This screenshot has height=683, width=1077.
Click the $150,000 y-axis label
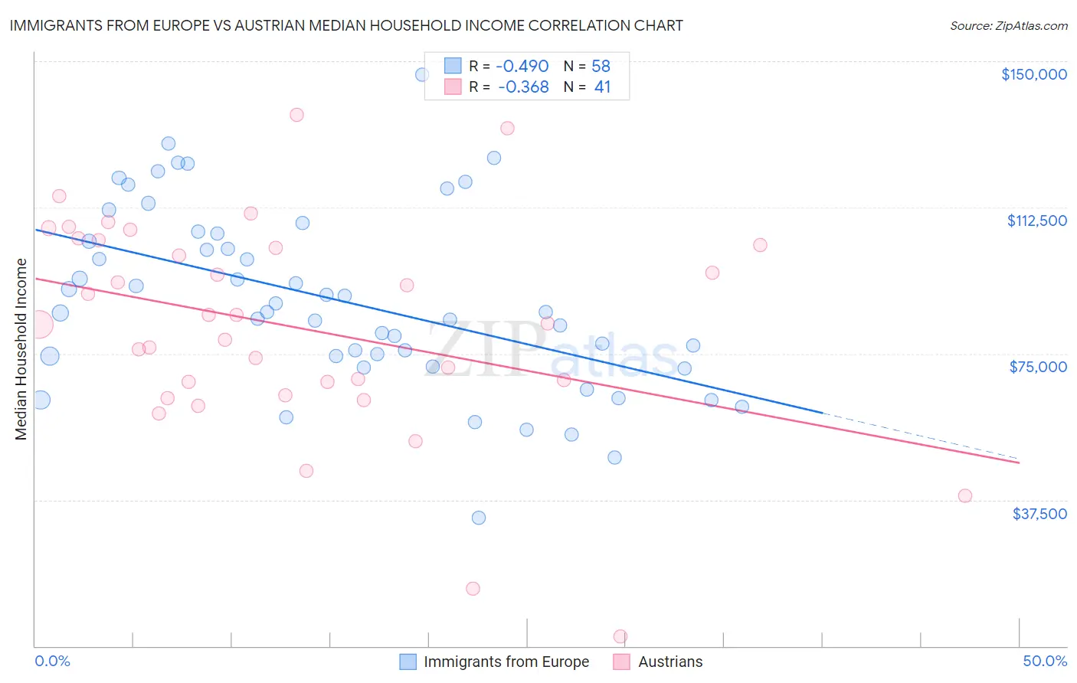tap(1033, 74)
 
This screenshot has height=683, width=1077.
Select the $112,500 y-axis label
tap(1036, 221)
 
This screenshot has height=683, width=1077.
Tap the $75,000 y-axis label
tap(1038, 367)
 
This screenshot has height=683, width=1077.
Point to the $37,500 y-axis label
tap(1039, 514)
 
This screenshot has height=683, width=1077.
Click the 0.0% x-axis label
tap(52, 661)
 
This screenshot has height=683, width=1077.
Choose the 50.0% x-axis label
tap(1044, 661)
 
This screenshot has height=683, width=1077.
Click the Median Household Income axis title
tap(21, 349)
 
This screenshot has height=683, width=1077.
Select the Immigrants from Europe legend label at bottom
tap(506, 662)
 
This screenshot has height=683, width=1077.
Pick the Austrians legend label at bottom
tap(670, 662)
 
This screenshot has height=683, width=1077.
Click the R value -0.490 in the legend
tap(523, 67)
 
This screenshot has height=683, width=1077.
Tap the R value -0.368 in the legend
tap(523, 87)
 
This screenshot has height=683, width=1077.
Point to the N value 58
tap(601, 67)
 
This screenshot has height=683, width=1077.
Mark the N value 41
tap(602, 87)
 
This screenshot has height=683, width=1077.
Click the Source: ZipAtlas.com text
tap(1008, 26)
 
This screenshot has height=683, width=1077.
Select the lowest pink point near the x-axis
tap(620, 636)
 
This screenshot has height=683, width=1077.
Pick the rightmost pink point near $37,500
tap(965, 496)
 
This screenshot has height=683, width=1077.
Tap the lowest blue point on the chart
tap(479, 518)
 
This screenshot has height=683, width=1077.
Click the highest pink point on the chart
tap(296, 115)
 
